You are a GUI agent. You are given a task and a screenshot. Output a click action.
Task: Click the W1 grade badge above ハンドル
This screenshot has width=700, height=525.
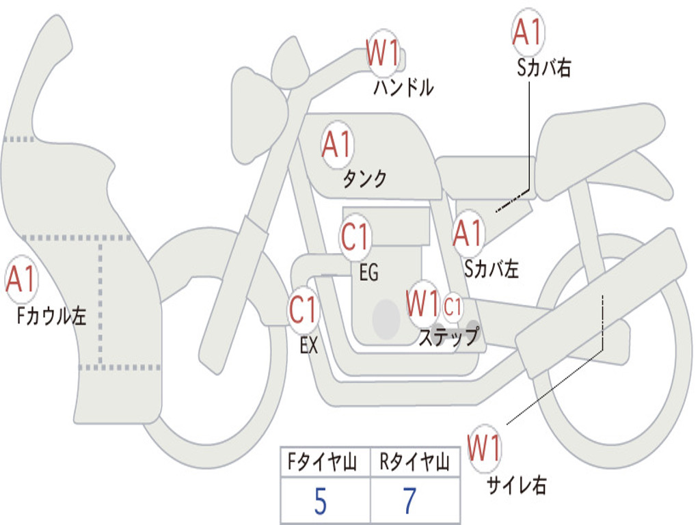pyautogui.click(x=383, y=53)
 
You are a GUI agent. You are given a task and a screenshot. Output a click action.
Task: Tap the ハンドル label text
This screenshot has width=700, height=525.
pyautogui.click(x=403, y=88)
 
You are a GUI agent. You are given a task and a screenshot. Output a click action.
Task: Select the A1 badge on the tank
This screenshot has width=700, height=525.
pyautogui.click(x=336, y=145)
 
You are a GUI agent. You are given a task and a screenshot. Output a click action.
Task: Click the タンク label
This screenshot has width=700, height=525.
pyautogui.click(x=364, y=179)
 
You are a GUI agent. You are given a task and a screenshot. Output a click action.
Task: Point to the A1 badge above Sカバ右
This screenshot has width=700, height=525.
pyautogui.click(x=527, y=33)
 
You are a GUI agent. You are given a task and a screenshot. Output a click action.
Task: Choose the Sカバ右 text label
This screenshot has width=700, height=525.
pyautogui.click(x=544, y=68)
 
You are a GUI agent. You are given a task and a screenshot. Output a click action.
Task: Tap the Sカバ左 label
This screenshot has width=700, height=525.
pyautogui.click(x=492, y=269)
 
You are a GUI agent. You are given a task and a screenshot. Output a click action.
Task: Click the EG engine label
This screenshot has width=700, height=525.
pyautogui.click(x=368, y=272)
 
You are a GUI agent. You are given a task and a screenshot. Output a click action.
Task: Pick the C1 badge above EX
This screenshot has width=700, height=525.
pyautogui.click(x=304, y=310)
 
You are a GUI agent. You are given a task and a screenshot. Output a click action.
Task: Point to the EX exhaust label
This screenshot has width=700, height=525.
pyautogui.click(x=309, y=345)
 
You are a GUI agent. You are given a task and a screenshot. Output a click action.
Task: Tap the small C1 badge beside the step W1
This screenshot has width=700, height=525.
pyautogui.click(x=453, y=307)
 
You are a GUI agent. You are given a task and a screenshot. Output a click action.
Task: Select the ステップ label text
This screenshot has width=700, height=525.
pyautogui.click(x=448, y=337)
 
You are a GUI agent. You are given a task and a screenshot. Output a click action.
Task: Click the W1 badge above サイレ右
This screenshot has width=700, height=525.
pyautogui.click(x=485, y=448)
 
